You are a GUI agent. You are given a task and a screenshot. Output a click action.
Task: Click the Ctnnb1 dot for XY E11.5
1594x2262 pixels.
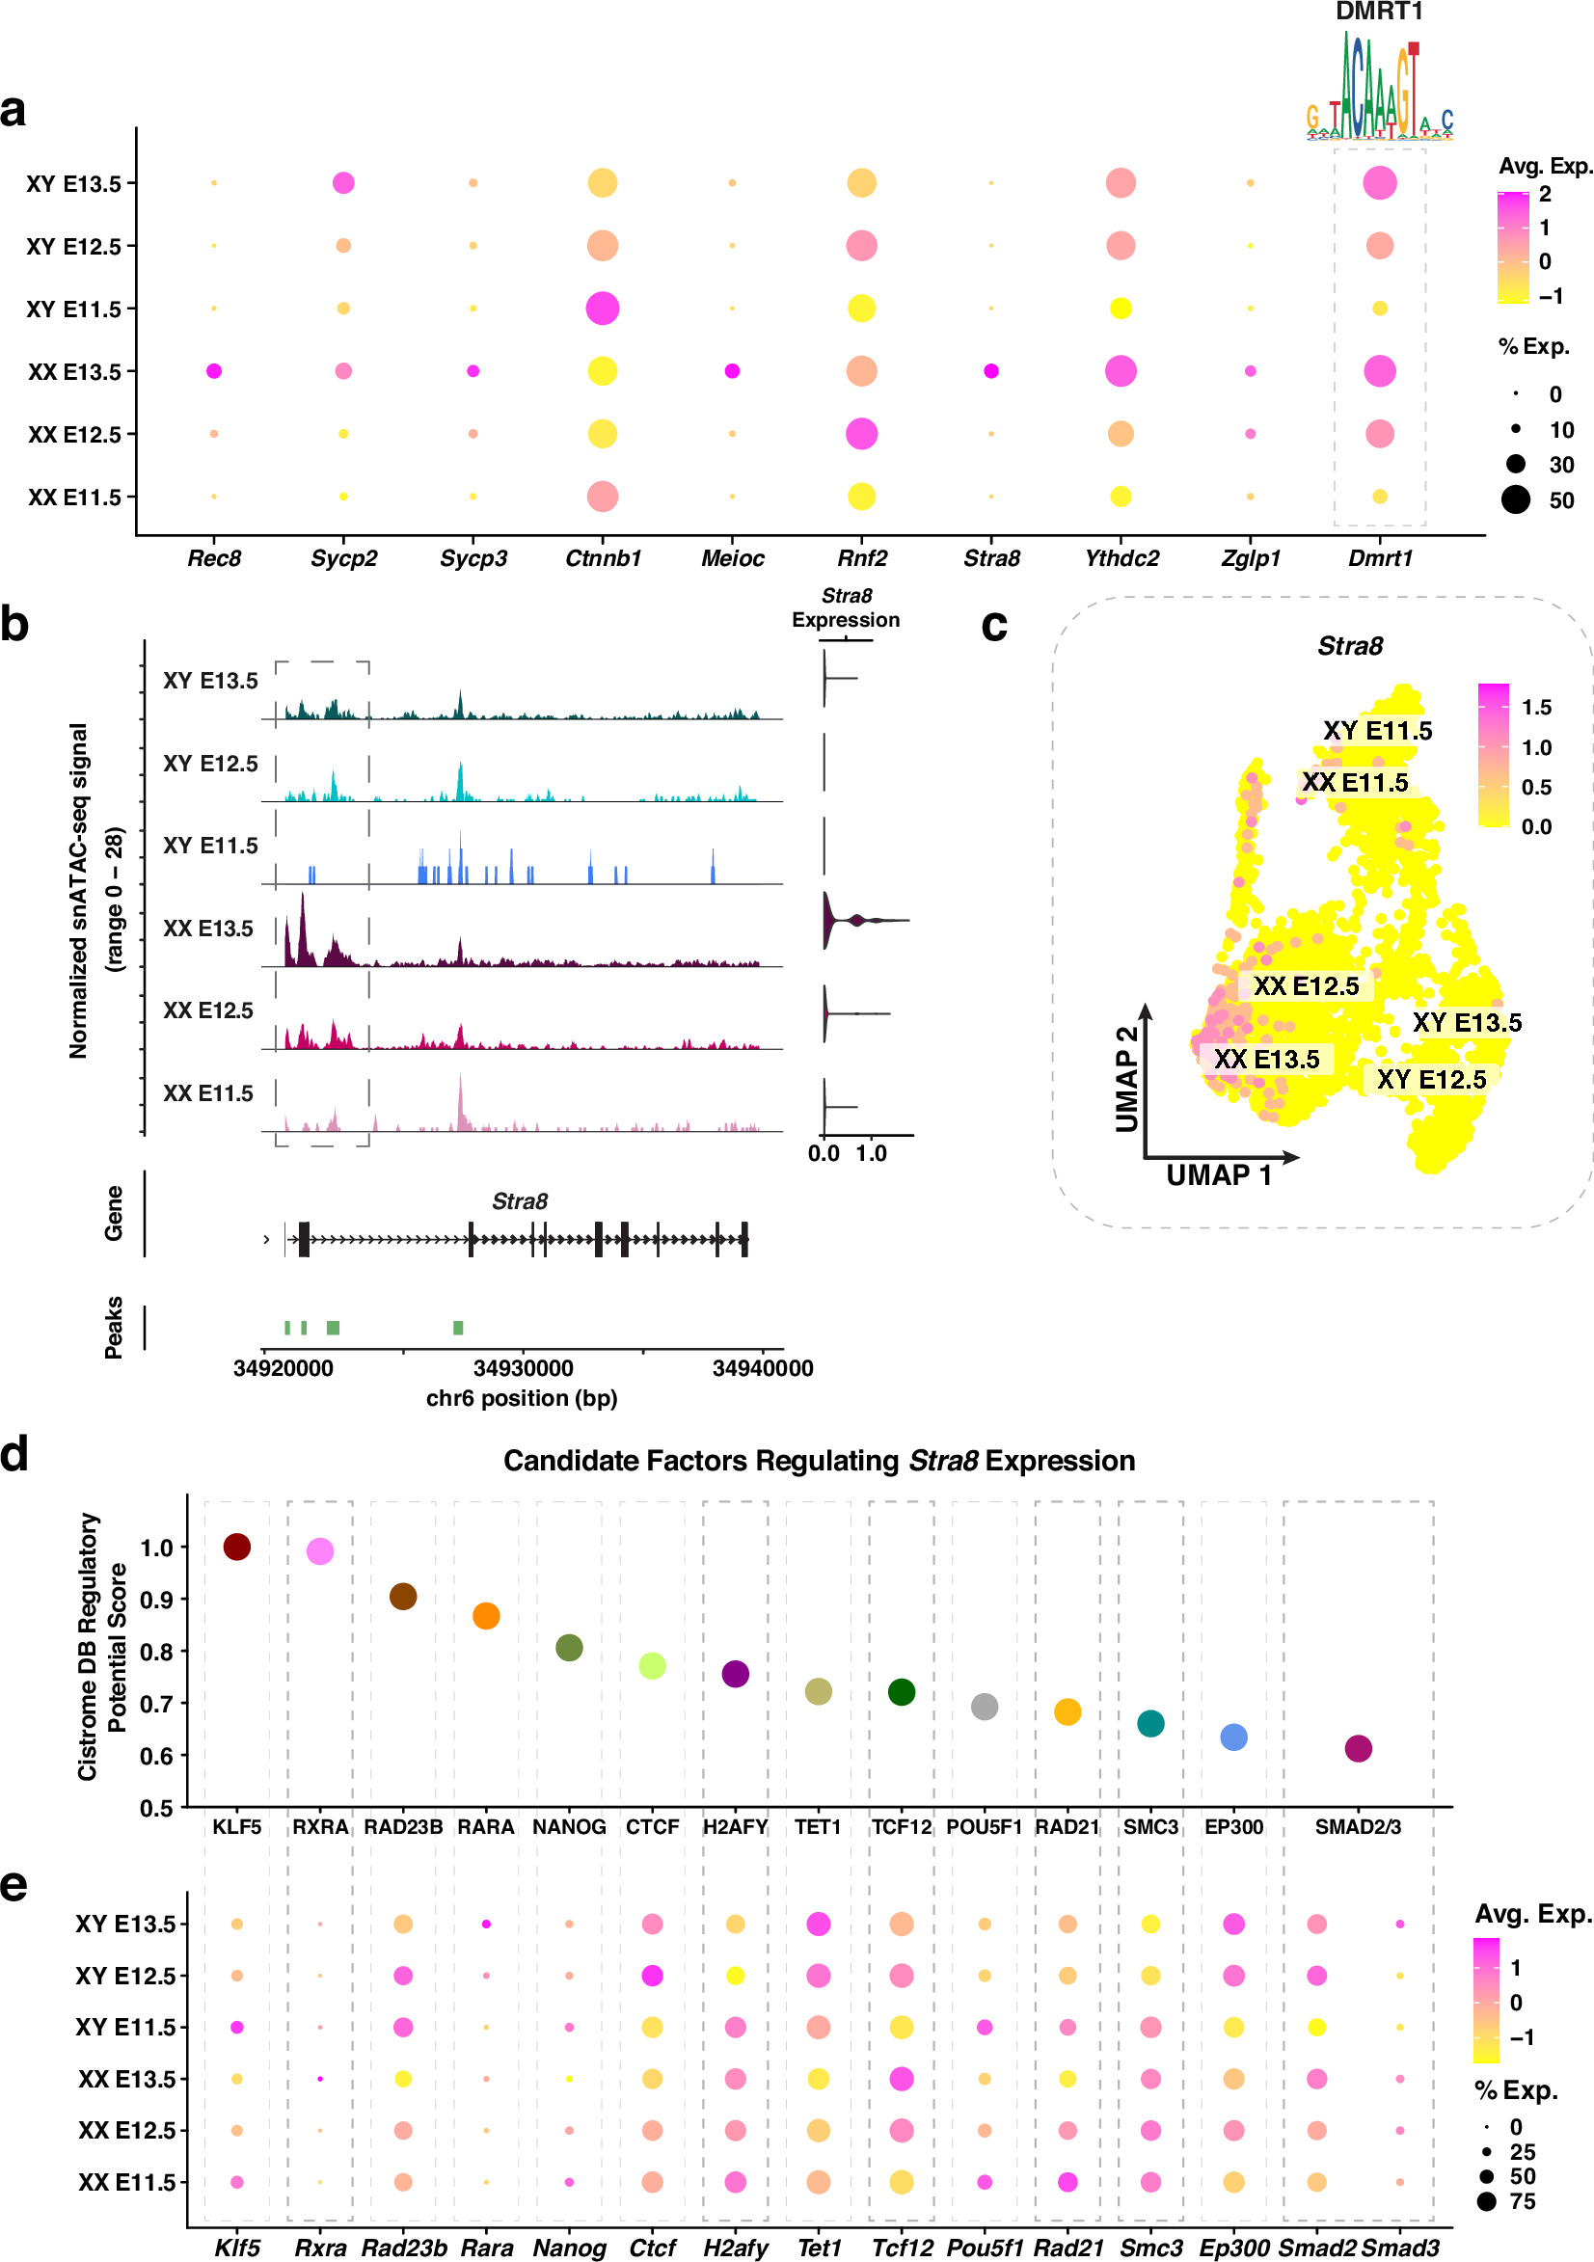point(602,309)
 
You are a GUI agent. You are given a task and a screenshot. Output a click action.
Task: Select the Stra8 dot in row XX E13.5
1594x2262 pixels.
point(991,370)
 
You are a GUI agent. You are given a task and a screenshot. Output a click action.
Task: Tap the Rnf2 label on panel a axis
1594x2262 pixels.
point(862,558)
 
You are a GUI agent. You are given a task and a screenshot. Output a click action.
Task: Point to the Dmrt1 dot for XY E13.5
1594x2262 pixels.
point(1379,182)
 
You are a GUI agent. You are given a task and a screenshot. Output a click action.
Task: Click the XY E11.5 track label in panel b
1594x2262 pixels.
point(210,846)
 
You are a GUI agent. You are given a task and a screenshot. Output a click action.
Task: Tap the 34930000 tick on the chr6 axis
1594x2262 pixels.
point(523,1367)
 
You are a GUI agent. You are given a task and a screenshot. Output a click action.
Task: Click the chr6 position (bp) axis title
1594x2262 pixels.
point(521,1398)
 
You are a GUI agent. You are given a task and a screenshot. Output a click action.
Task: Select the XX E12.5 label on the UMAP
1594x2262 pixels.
point(1306,986)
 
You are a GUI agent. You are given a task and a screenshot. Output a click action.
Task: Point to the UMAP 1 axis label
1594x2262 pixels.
point(1219,1175)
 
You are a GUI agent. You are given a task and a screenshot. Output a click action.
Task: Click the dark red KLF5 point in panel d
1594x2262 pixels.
point(236,1546)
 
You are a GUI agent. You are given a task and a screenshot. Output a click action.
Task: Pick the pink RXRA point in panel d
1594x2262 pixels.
point(319,1550)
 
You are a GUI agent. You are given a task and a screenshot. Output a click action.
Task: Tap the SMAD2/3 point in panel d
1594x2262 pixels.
point(1358,1748)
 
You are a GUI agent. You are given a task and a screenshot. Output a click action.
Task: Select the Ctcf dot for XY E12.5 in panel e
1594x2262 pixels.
point(651,1975)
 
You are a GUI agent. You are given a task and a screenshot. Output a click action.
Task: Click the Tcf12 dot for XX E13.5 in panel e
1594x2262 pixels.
point(901,2078)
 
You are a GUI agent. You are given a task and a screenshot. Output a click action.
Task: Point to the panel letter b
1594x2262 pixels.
point(14,625)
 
